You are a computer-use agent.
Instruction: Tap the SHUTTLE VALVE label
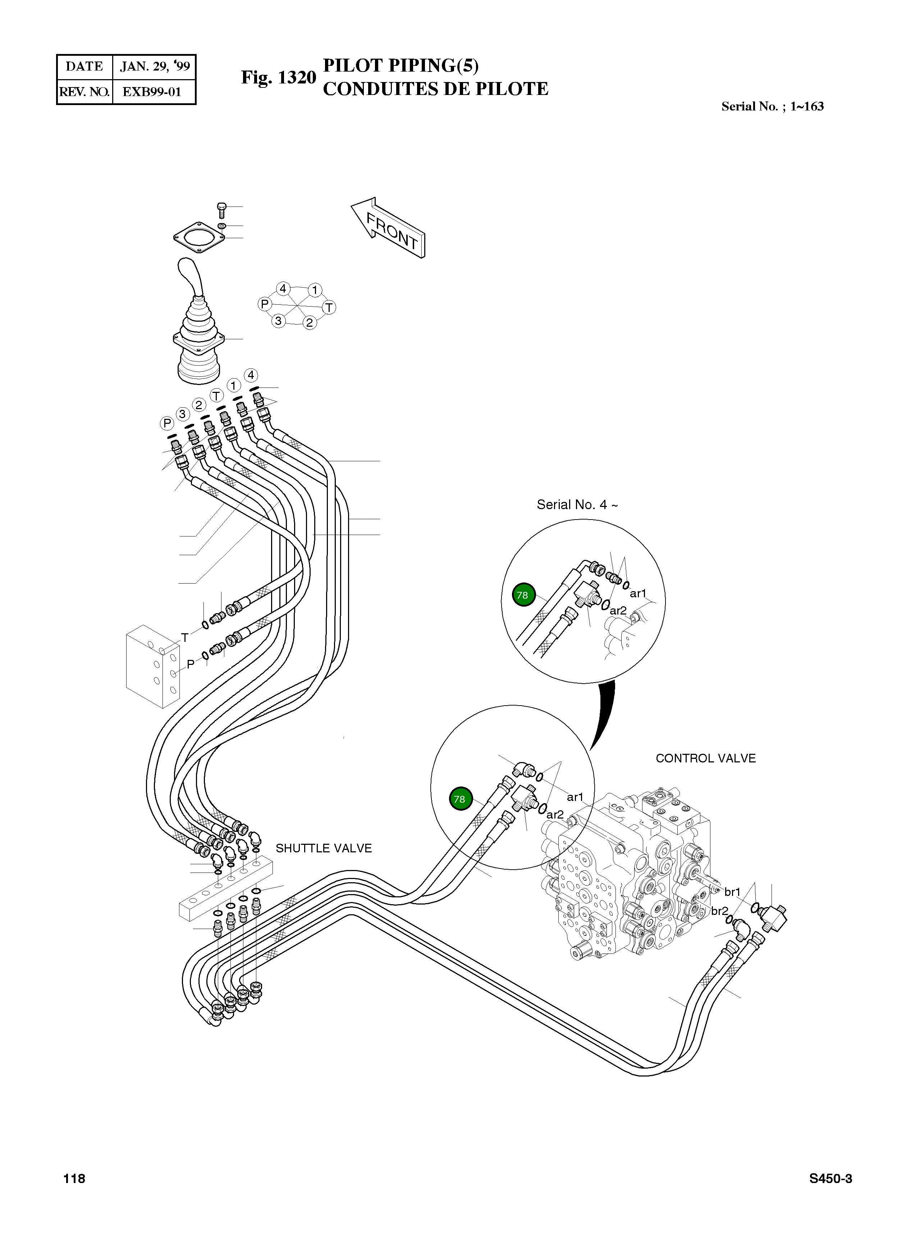pos(324,848)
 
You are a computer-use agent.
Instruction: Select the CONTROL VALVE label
pos(705,758)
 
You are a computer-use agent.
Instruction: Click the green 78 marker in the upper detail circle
pos(523,595)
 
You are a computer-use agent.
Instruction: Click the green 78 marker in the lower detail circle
pos(459,799)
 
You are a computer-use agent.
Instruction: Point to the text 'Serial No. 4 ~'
pos(577,505)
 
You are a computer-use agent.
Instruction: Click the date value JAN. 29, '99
pos(155,67)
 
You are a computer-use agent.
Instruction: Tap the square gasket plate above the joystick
pos(198,239)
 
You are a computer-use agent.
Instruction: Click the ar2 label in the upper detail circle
pos(618,610)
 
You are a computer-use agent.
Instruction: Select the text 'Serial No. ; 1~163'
pos(772,107)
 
